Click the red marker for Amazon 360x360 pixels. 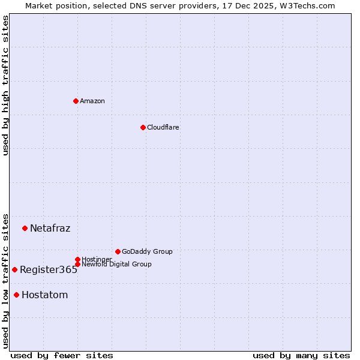[76, 101]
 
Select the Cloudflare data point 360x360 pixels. [143, 127]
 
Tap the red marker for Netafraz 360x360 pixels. [25, 228]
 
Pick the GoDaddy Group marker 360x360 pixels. [118, 251]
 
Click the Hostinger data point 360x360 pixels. [77, 259]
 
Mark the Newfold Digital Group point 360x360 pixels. [77, 264]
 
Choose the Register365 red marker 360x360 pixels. [14, 269]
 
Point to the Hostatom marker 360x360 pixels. [16, 295]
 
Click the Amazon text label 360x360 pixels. [92, 101]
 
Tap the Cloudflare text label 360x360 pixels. [163, 127]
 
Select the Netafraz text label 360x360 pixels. [50, 228]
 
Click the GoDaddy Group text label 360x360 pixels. [147, 251]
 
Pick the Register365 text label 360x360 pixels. [49, 269]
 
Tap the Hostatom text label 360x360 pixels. [44, 295]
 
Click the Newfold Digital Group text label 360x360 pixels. [116, 264]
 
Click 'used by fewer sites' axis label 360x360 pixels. [62, 355]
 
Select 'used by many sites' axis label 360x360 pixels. [301, 355]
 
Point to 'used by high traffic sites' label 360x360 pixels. [5, 85]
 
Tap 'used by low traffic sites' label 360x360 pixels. [5, 281]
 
